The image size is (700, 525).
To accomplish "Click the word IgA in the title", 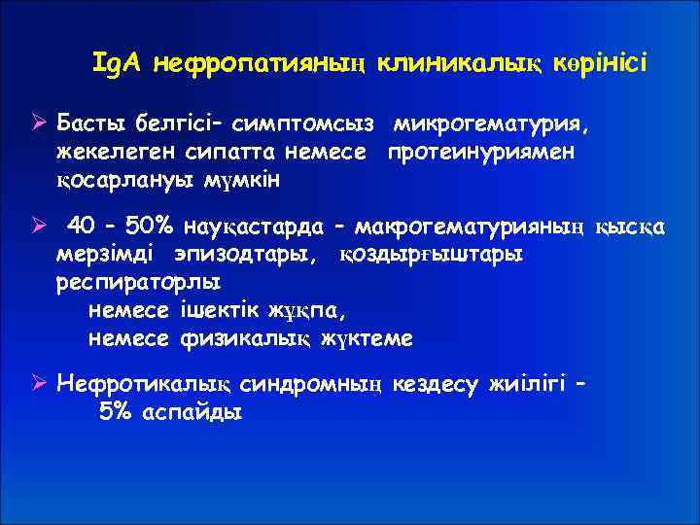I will [118, 63].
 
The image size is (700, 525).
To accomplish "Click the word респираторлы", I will [138, 283].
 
